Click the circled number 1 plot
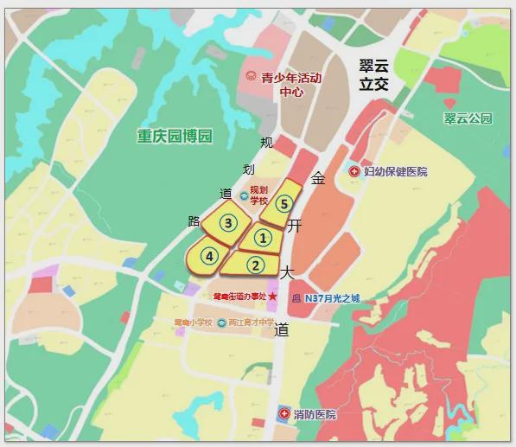(x=263, y=237)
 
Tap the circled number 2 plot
(x=255, y=265)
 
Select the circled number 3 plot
(x=228, y=222)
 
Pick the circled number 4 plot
(x=208, y=256)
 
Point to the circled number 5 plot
(x=283, y=204)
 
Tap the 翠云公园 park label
(x=468, y=118)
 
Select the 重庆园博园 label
(x=175, y=136)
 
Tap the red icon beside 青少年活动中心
(x=252, y=77)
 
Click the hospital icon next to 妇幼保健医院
(x=354, y=172)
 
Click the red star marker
(x=273, y=297)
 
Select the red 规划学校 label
(x=259, y=195)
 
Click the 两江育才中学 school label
(x=252, y=322)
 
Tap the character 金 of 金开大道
(x=318, y=178)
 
